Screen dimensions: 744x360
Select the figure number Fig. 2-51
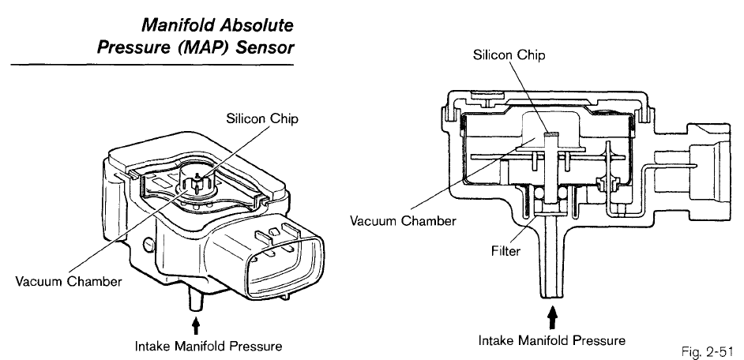[708, 351]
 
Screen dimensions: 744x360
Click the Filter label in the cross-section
[505, 251]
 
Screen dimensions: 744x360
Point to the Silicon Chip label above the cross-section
[509, 55]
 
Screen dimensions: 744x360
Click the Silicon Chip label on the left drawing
[262, 118]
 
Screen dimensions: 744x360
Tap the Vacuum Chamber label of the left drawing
[69, 281]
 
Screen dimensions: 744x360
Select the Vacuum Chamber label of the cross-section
[404, 221]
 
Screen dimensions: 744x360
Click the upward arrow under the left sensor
[197, 327]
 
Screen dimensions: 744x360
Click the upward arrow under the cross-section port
[553, 318]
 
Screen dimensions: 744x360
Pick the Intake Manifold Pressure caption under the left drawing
[209, 347]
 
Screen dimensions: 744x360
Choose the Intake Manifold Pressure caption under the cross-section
[552, 340]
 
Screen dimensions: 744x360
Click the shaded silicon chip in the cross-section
[553, 135]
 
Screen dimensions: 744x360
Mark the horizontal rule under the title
[152, 64]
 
